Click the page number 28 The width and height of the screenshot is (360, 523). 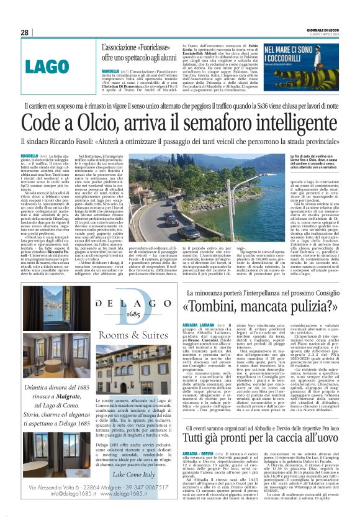[x=25, y=32]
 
